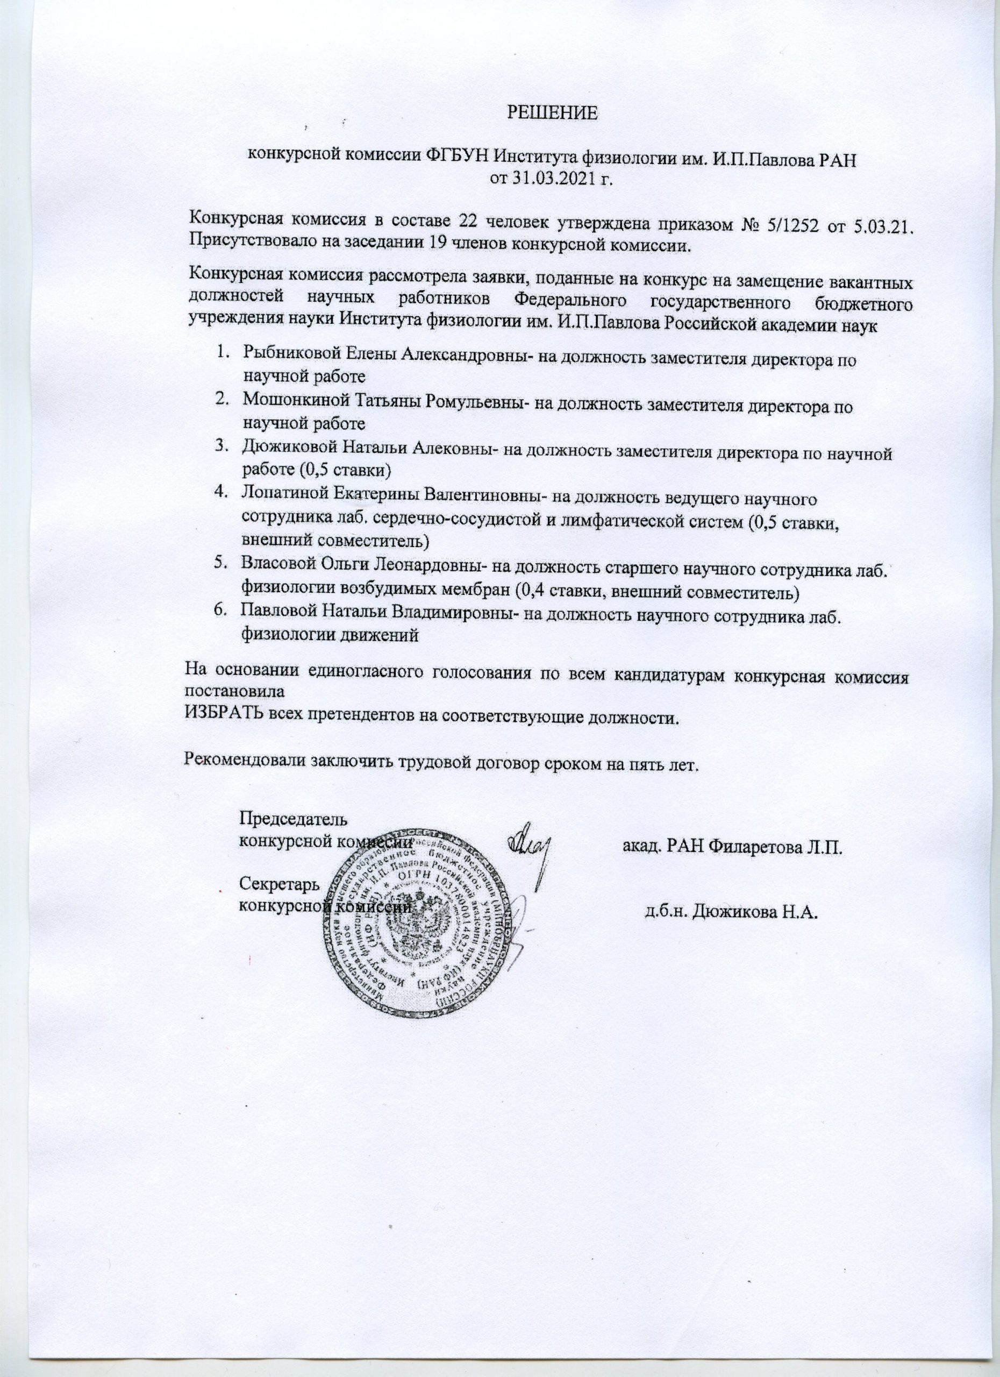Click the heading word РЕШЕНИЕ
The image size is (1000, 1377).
click(x=552, y=113)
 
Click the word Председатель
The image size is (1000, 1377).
click(x=295, y=819)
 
